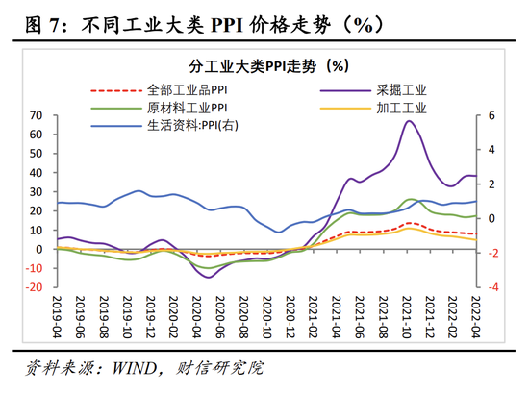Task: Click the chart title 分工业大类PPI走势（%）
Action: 269,66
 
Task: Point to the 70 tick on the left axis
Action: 36,115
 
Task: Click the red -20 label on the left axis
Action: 34,287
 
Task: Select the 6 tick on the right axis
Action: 491,115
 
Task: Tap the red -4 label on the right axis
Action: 492,287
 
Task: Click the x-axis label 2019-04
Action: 57,317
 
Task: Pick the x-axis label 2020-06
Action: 220,317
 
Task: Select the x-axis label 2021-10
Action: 407,317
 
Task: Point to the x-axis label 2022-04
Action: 476,317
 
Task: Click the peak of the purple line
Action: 409,121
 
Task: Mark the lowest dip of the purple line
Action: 209,278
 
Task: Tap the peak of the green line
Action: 411,199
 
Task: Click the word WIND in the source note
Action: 135,368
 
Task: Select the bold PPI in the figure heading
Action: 227,25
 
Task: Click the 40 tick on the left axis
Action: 36,173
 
